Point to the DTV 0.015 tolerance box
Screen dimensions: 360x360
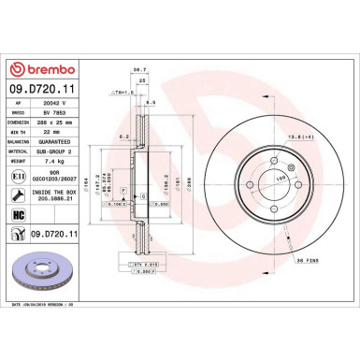point(144,265)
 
